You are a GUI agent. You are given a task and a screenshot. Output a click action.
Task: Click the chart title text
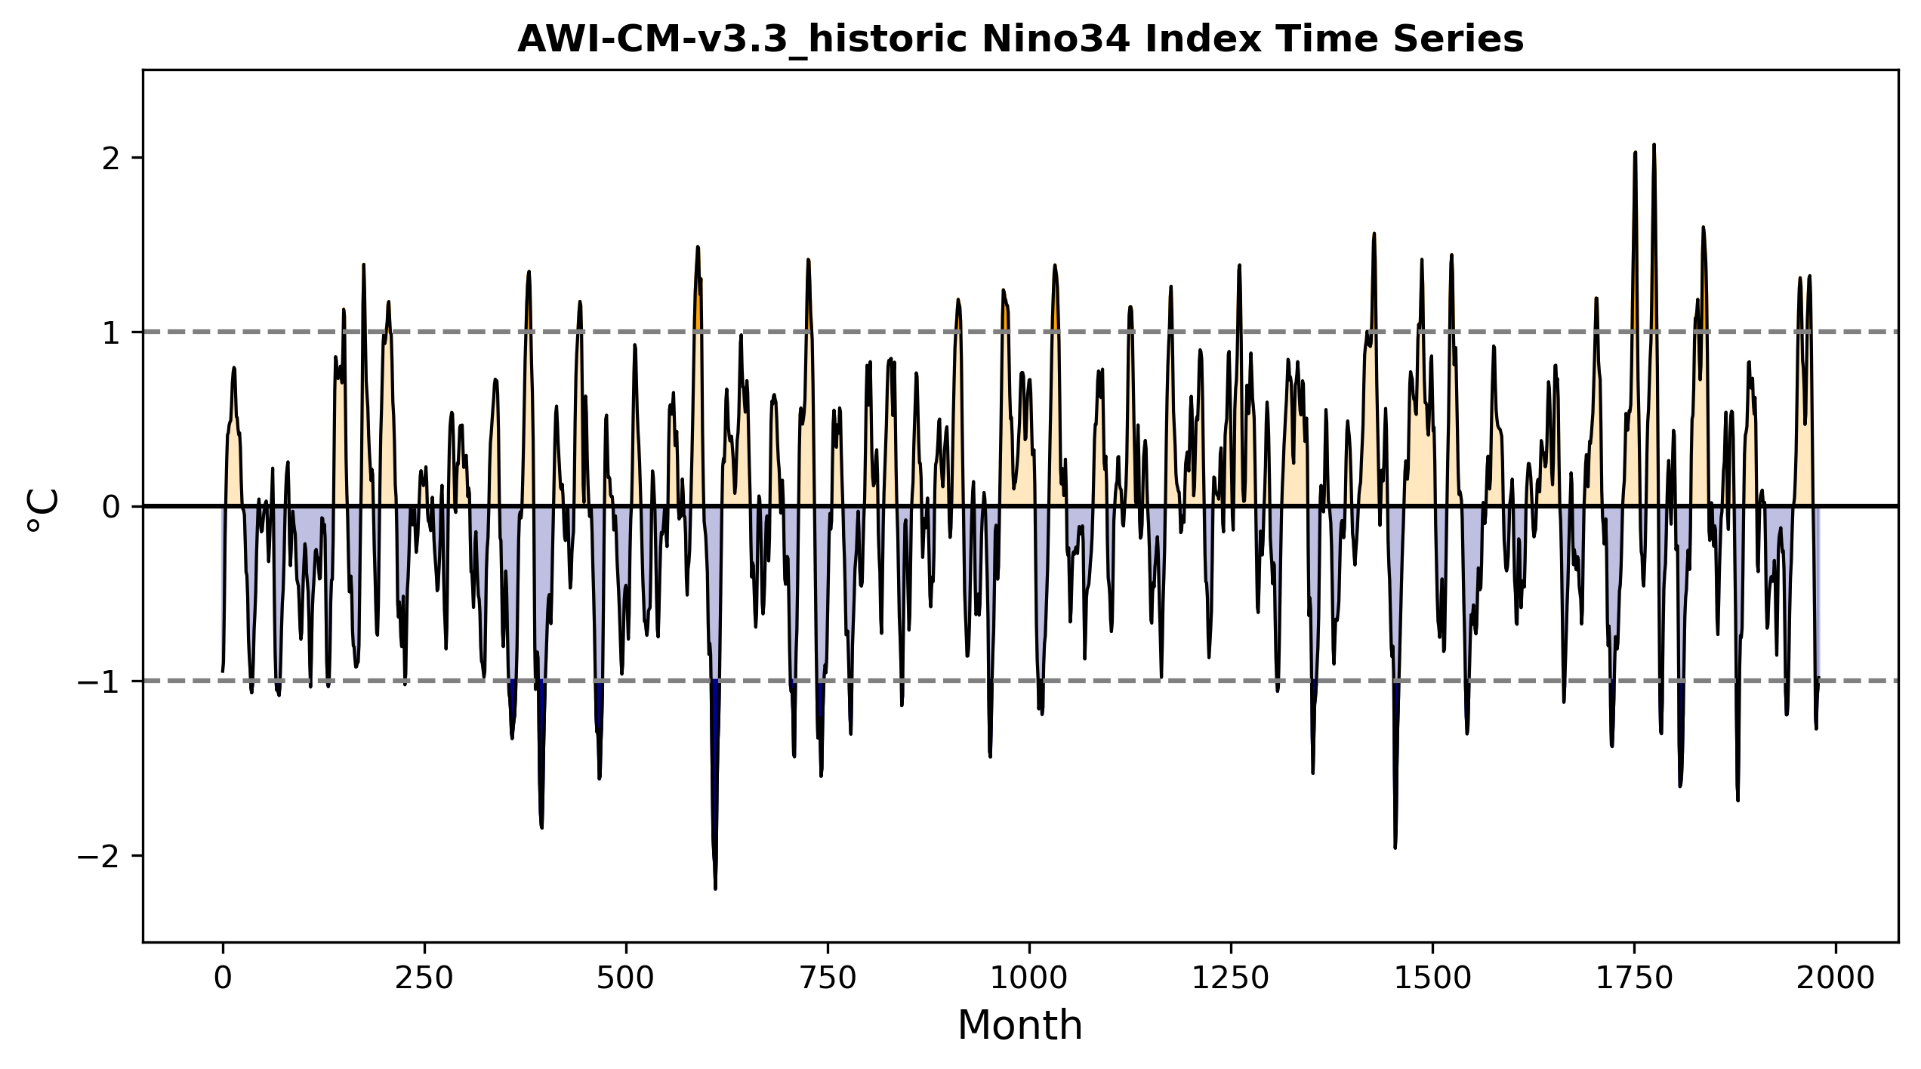(x=1020, y=39)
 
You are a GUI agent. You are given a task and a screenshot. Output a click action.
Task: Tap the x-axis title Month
(x=1020, y=1026)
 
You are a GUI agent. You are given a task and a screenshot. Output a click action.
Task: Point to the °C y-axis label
(x=43, y=511)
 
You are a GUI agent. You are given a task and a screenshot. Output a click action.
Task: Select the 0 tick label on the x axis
(x=223, y=978)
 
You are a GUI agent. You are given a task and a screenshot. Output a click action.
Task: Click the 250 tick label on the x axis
(x=424, y=978)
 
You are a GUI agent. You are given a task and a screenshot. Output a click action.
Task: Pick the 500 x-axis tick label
(x=626, y=978)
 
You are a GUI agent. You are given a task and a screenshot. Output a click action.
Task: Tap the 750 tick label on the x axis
(x=828, y=978)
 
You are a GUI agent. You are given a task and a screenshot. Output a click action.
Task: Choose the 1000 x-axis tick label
(x=1029, y=978)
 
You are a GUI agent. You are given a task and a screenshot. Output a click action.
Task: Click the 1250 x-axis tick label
(x=1231, y=978)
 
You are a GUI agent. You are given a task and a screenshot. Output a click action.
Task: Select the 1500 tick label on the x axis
(x=1432, y=978)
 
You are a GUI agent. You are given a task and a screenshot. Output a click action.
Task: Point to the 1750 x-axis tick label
(x=1635, y=978)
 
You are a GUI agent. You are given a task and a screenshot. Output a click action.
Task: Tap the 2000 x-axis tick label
(x=1836, y=978)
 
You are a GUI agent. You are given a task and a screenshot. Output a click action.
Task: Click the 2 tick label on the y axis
(x=112, y=158)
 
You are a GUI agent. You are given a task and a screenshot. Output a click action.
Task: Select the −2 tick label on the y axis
(x=99, y=856)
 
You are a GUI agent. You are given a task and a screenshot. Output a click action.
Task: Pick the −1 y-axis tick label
(x=99, y=681)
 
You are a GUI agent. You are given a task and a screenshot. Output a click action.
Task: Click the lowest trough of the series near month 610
(x=715, y=888)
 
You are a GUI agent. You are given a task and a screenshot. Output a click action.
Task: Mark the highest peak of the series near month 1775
(x=1654, y=145)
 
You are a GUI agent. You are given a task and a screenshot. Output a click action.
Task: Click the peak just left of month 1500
(x=1422, y=260)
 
